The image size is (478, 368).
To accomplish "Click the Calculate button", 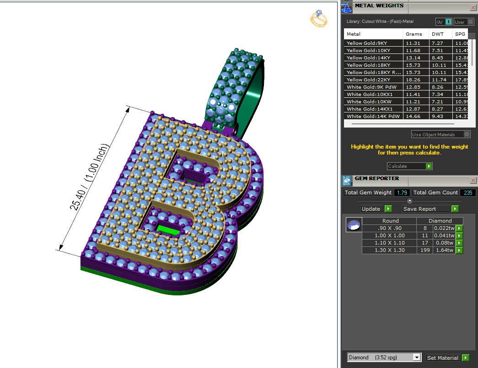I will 409,166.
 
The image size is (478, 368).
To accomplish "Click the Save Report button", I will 430,209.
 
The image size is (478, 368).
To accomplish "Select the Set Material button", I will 447,358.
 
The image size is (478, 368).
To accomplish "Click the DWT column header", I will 437,34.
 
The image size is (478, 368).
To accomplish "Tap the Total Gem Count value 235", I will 467,192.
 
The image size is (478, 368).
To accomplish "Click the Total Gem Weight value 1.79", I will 402,192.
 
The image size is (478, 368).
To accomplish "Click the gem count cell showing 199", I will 425,250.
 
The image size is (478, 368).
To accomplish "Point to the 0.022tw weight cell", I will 444,228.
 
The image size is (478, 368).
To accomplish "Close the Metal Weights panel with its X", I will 473,7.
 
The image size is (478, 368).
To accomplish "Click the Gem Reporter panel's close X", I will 473,180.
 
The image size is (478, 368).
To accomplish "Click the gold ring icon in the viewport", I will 319,19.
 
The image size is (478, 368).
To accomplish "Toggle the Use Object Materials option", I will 466,134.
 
